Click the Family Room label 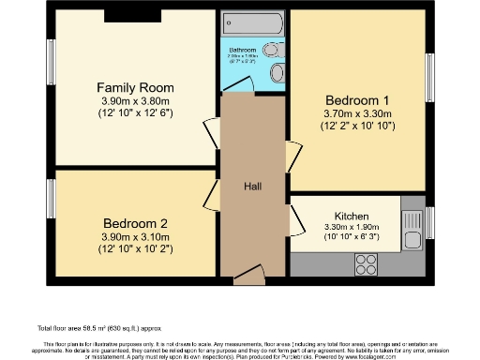coord(136,88)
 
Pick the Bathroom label coord(245,49)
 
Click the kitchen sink coord(412,223)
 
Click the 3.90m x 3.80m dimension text coord(136,101)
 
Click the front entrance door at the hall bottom coord(249,276)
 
